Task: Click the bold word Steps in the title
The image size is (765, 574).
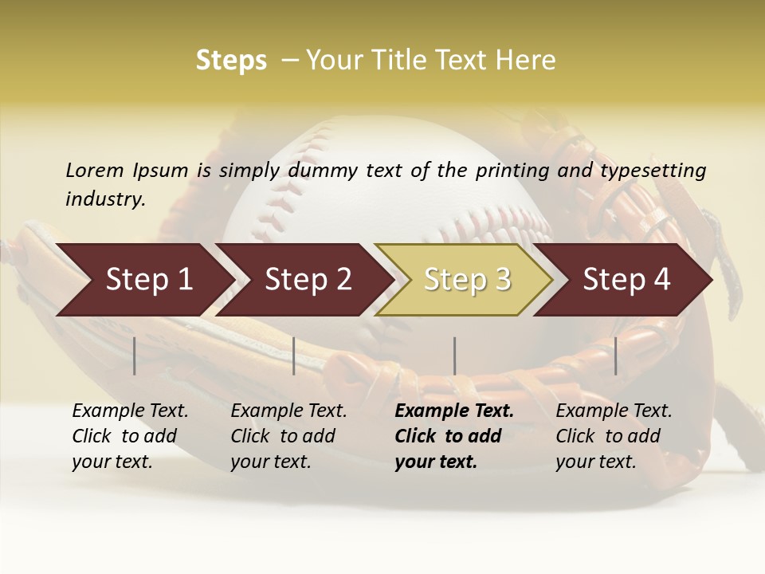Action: click(x=231, y=61)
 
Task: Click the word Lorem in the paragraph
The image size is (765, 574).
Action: click(x=94, y=170)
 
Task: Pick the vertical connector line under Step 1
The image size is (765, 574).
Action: click(x=135, y=356)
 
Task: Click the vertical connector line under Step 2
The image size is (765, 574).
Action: click(x=294, y=356)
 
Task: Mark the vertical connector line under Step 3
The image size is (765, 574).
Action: click(x=454, y=356)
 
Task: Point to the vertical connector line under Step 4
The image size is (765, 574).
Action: click(x=615, y=356)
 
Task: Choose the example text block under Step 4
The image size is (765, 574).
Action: click(x=614, y=436)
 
